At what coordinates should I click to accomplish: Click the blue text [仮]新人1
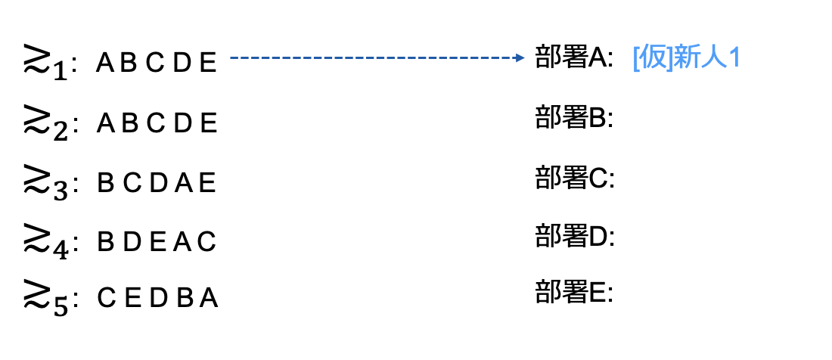(x=685, y=59)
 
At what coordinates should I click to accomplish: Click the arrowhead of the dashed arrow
(x=520, y=57)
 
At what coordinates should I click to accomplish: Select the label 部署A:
(x=574, y=59)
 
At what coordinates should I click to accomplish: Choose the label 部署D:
(x=574, y=237)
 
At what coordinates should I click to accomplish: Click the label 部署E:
(x=574, y=293)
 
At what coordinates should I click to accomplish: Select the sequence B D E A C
(x=157, y=241)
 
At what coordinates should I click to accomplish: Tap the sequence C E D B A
(x=157, y=299)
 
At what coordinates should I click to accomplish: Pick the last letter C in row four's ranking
(x=208, y=241)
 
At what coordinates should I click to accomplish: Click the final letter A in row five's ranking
(x=209, y=299)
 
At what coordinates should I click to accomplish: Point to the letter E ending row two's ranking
(x=210, y=123)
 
